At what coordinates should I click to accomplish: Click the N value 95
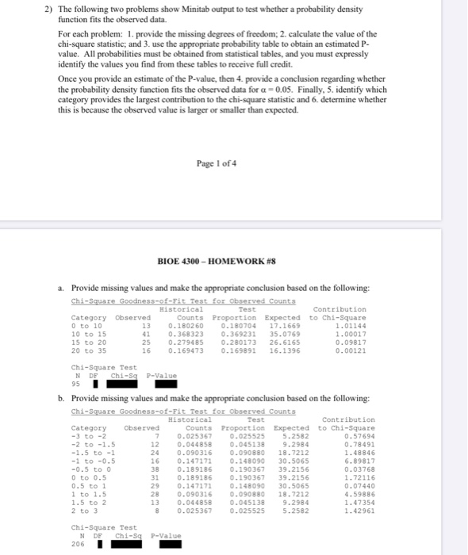click(78, 385)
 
